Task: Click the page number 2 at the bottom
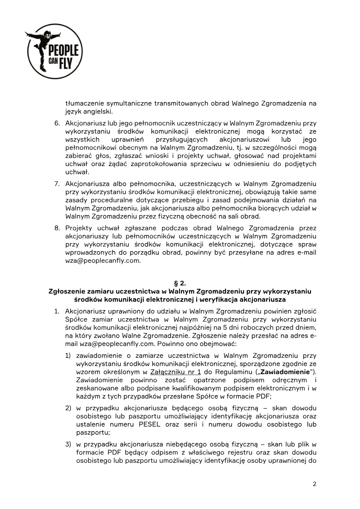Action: pyautogui.click(x=315, y=484)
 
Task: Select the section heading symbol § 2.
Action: pyautogui.click(x=180, y=283)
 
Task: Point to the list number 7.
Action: pyautogui.click(x=57, y=184)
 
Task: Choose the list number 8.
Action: pyautogui.click(x=57, y=228)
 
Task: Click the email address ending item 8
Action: pyautogui.click(x=103, y=260)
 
